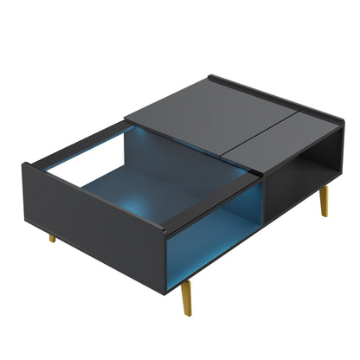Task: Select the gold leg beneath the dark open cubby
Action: (x=325, y=202)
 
